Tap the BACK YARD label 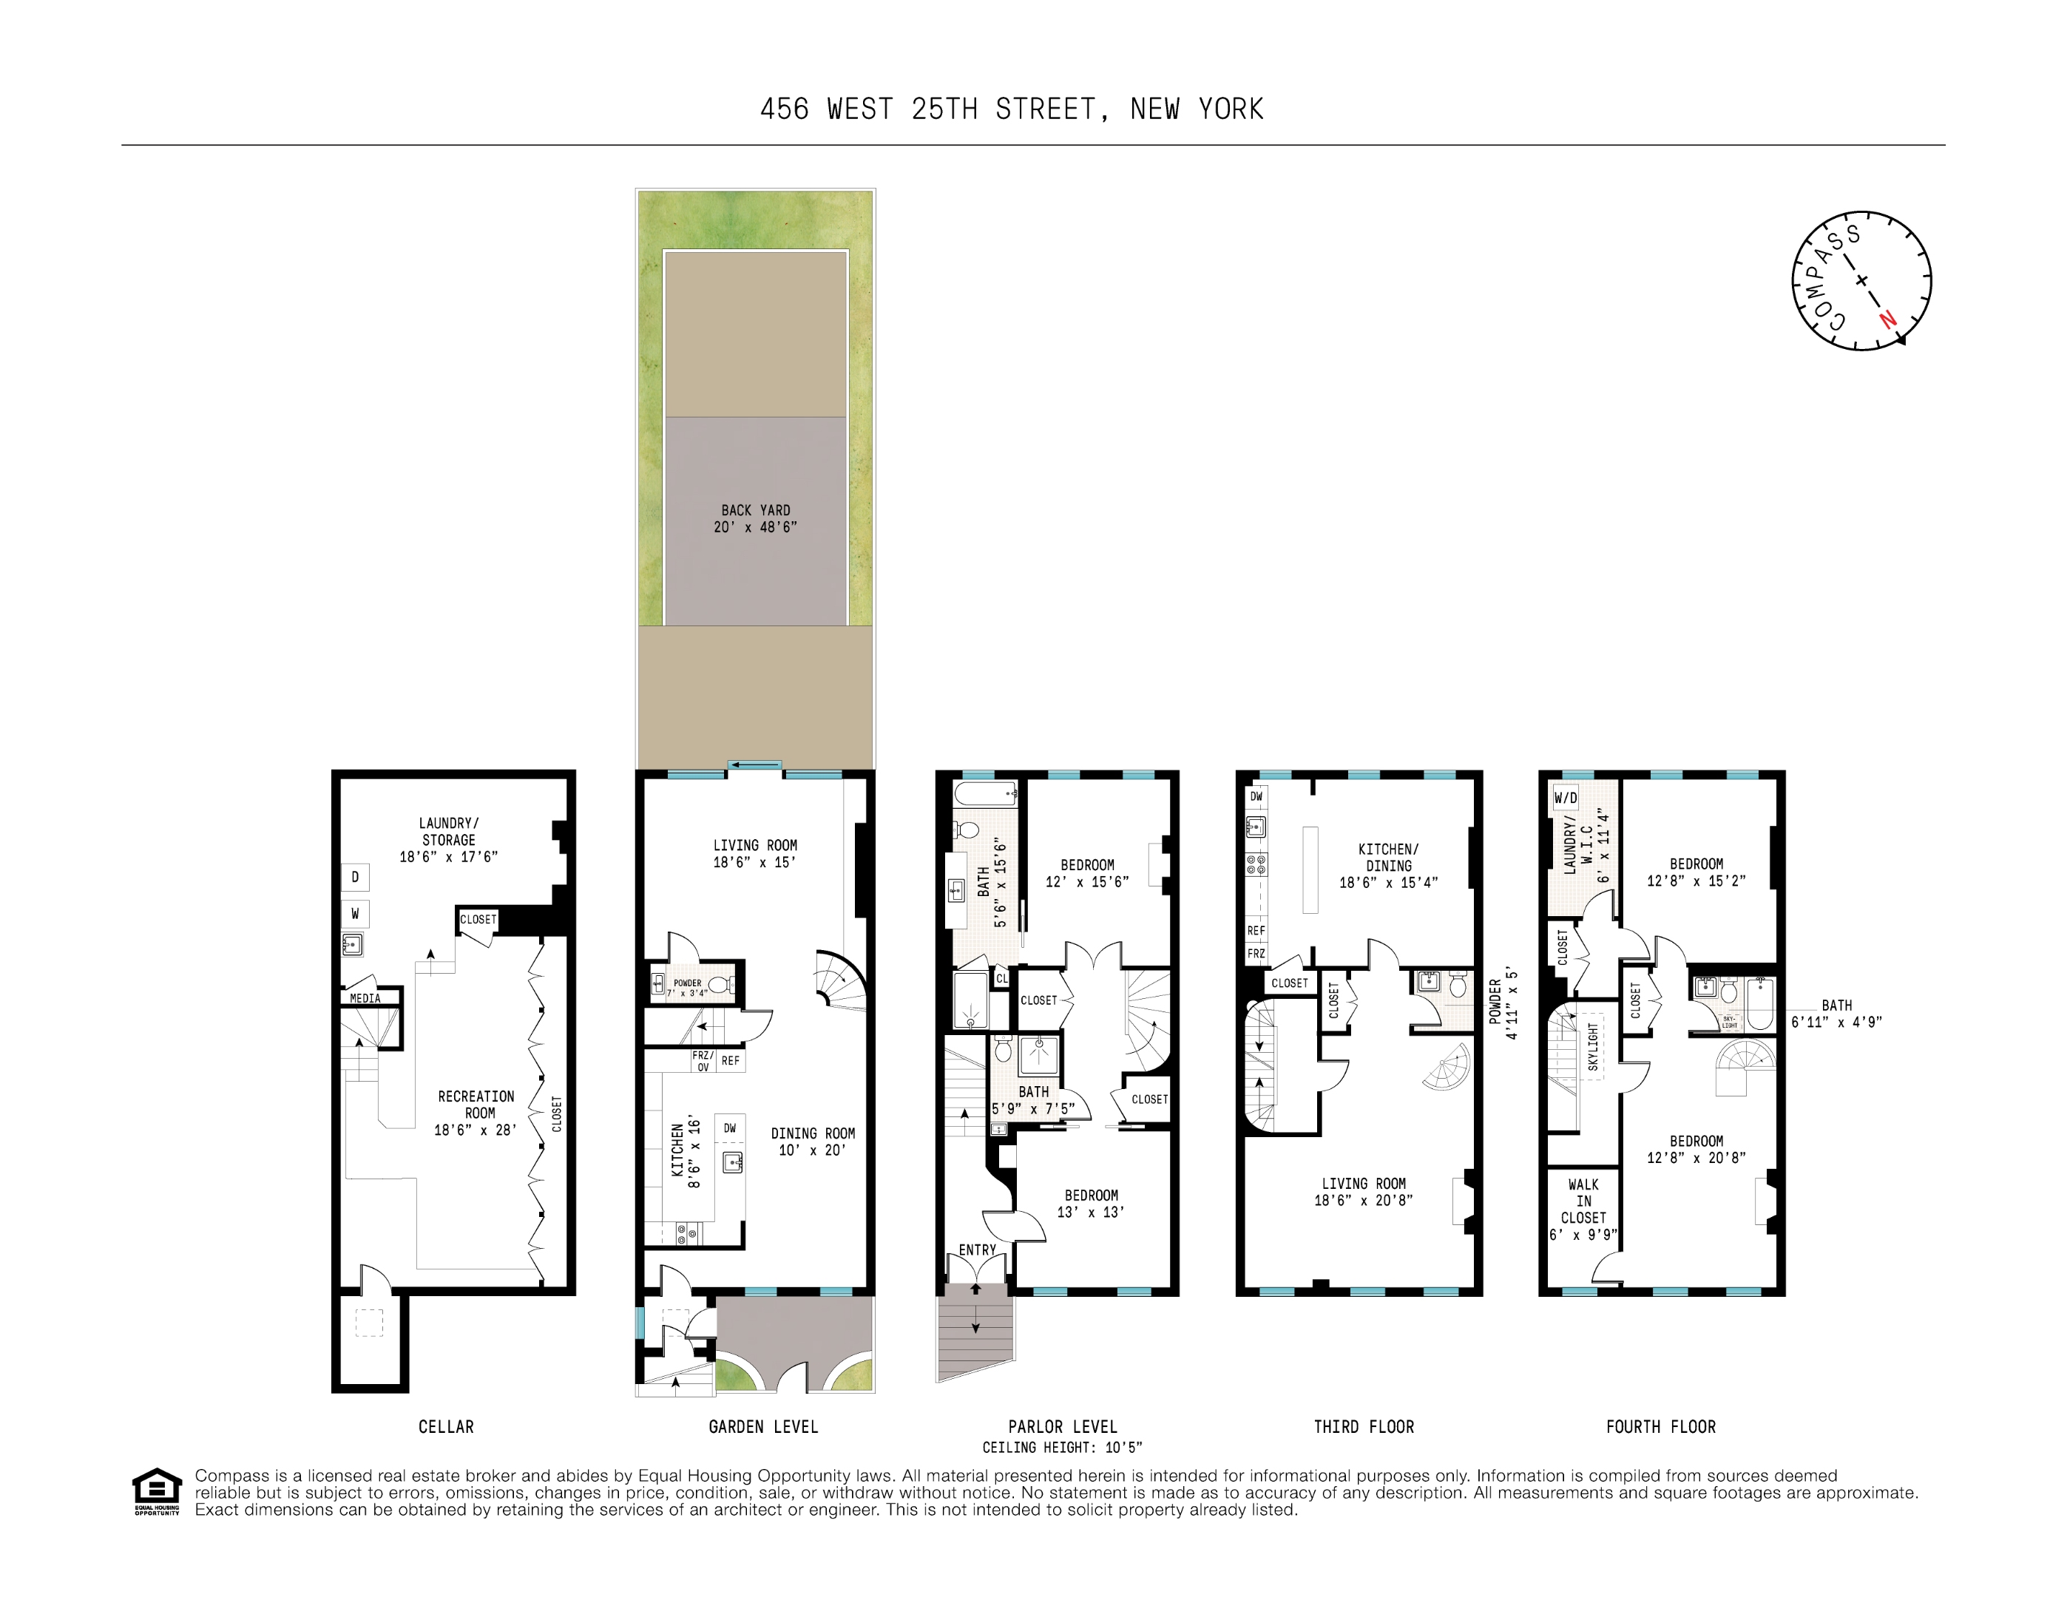coord(755,518)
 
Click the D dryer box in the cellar coord(355,877)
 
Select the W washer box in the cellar coord(355,914)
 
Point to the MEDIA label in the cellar coord(365,998)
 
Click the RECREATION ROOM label coord(476,1113)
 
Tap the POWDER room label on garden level coord(687,984)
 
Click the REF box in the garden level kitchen coord(731,1060)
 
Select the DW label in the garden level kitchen coord(730,1128)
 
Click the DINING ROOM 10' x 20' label coord(812,1141)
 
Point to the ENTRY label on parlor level coord(977,1250)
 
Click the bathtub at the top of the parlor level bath coord(985,793)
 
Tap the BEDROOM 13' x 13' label coord(1092,1204)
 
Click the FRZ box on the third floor coord(1256,954)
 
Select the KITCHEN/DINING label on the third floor coord(1388,857)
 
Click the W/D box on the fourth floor coord(1566,798)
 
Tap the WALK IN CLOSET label coord(1583,1209)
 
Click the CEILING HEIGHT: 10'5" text coord(1062,1448)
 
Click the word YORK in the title coord(1231,109)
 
